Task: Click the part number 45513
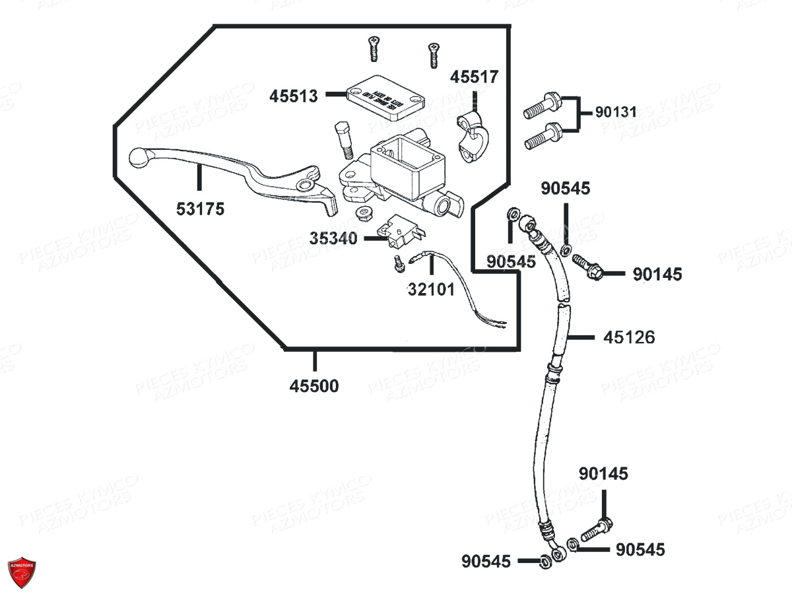tap(293, 96)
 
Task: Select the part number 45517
tap(474, 77)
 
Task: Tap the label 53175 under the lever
tap(200, 209)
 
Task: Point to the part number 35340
tap(333, 238)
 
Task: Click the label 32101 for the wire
tap(431, 289)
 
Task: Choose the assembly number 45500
tap(314, 386)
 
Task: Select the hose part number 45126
tap(628, 337)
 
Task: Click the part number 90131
tap(616, 113)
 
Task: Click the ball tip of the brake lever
tap(137, 157)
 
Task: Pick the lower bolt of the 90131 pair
tap(543, 137)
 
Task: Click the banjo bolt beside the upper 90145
tap(587, 266)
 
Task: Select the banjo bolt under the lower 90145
tap(597, 529)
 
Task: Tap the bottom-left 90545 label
tap(486, 562)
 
